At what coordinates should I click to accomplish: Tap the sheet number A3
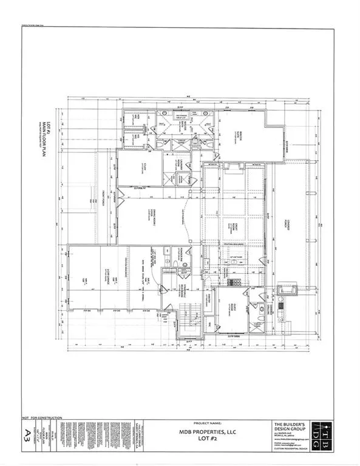point(27,432)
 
